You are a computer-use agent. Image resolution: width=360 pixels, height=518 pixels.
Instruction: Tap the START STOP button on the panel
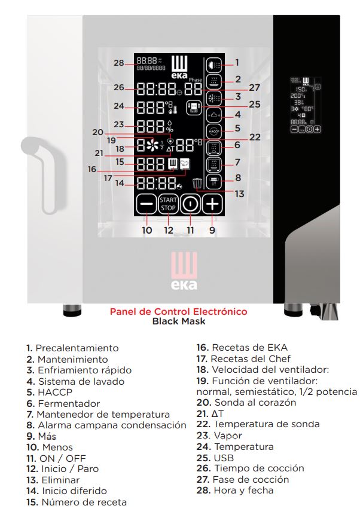167,204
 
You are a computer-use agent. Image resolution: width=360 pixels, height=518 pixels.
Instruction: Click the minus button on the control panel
145,204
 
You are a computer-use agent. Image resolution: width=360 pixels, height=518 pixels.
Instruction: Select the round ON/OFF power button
190,204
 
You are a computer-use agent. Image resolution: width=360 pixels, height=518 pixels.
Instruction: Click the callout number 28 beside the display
118,63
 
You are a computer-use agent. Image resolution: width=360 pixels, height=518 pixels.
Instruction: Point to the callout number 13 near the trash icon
239,194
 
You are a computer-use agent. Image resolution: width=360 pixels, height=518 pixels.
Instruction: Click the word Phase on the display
196,79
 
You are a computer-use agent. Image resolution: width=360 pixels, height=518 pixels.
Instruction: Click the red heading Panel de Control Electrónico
178,312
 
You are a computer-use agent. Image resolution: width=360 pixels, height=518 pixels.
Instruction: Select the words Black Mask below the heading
179,321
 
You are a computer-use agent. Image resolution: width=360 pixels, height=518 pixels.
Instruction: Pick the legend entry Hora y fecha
243,491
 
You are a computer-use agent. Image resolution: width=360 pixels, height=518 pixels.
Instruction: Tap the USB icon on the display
193,106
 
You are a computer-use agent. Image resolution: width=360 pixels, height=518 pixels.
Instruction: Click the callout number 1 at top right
237,62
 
